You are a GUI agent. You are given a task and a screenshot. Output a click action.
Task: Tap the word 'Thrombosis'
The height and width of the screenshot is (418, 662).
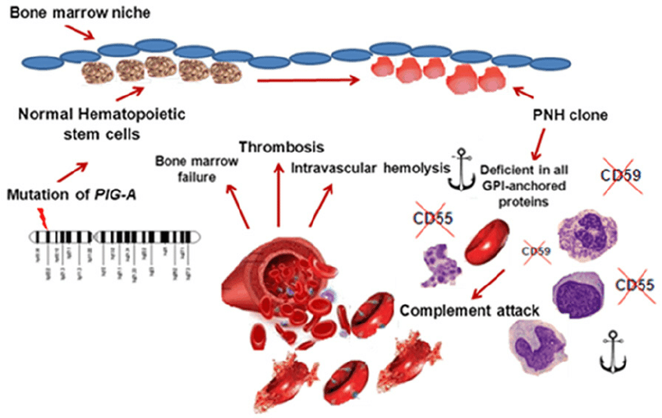[x=281, y=147]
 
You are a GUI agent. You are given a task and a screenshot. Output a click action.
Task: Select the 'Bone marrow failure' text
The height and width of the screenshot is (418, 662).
[x=191, y=169]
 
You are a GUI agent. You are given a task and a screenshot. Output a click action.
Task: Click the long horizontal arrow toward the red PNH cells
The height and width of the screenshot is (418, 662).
[x=308, y=78]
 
